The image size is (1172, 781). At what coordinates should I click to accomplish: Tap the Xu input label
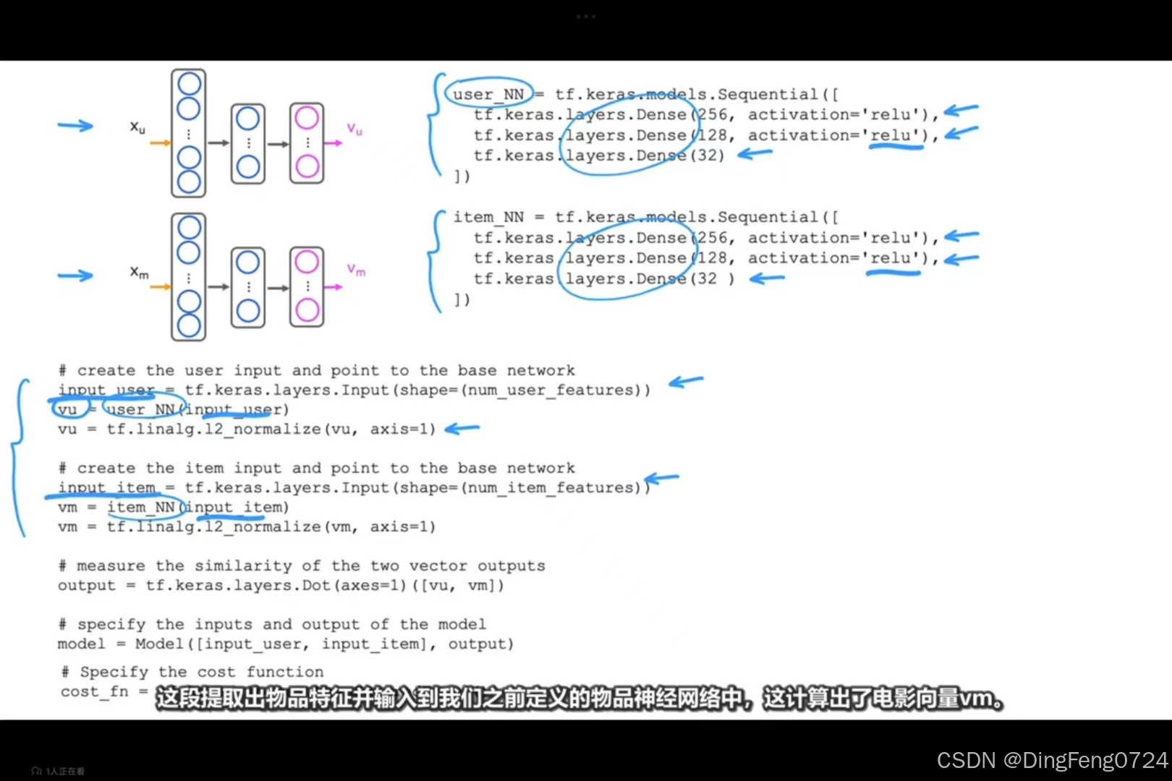pos(137,127)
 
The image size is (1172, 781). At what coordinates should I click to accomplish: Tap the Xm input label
pos(139,273)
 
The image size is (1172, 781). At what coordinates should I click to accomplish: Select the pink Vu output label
pos(354,129)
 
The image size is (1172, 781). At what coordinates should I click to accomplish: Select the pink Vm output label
pos(356,270)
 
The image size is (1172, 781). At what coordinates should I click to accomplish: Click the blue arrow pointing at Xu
pos(75,126)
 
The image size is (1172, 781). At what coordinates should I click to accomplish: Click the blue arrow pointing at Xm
pos(75,276)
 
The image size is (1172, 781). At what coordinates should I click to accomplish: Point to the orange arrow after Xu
pos(160,143)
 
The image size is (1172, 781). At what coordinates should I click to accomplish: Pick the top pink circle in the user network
pos(307,117)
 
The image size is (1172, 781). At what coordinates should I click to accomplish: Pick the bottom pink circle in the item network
pos(307,310)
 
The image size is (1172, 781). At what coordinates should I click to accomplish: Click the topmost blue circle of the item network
pos(189,228)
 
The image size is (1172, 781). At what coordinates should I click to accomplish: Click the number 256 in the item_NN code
pos(713,238)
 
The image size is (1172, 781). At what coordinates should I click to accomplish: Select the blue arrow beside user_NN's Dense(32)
pos(755,153)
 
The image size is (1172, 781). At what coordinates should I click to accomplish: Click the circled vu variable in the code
pos(68,409)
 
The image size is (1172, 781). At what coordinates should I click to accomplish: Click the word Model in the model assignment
pos(159,644)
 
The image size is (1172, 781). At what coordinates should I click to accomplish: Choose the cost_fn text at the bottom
pos(94,692)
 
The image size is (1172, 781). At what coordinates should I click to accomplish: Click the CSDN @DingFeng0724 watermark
pos(1052,760)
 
